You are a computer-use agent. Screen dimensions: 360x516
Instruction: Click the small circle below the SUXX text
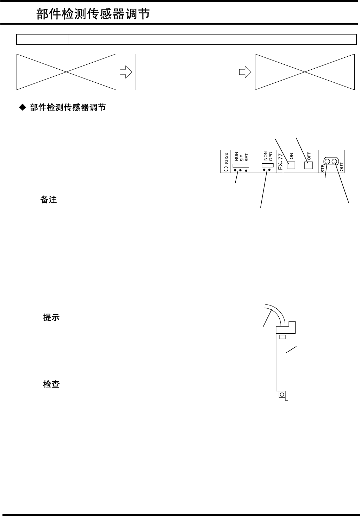pos(226,169)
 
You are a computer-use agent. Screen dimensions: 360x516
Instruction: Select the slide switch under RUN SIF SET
pos(238,165)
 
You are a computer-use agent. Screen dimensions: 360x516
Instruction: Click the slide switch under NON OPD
pos(267,165)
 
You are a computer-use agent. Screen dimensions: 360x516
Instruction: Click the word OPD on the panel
pos(271,156)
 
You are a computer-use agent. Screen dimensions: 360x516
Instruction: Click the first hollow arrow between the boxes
pos(126,72)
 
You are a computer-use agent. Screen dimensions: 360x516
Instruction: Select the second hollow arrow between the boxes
pos(245,72)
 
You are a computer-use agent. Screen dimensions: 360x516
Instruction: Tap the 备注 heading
pos(49,200)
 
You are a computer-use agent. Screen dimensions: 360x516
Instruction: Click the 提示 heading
pos(51,317)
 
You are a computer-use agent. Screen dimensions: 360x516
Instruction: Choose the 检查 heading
pos(51,384)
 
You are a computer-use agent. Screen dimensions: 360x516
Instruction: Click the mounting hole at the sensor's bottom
pos(281,395)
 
